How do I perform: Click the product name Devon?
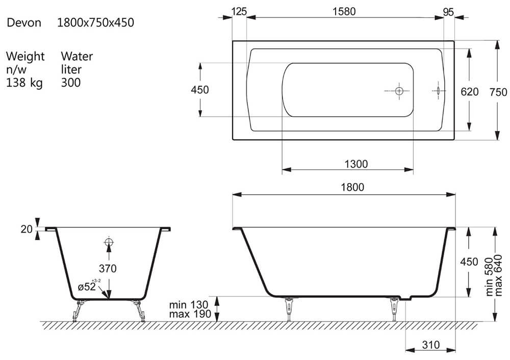tap(24, 22)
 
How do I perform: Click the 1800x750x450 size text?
tap(96, 22)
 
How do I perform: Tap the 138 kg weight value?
tap(24, 83)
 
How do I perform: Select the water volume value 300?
tap(70, 83)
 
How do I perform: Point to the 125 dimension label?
tap(239, 11)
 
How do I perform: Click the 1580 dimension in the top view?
tap(344, 11)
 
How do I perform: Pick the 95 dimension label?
tap(448, 12)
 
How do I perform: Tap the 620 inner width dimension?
tap(469, 92)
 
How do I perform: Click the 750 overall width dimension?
tap(498, 92)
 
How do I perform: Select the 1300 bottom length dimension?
tap(356, 164)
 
